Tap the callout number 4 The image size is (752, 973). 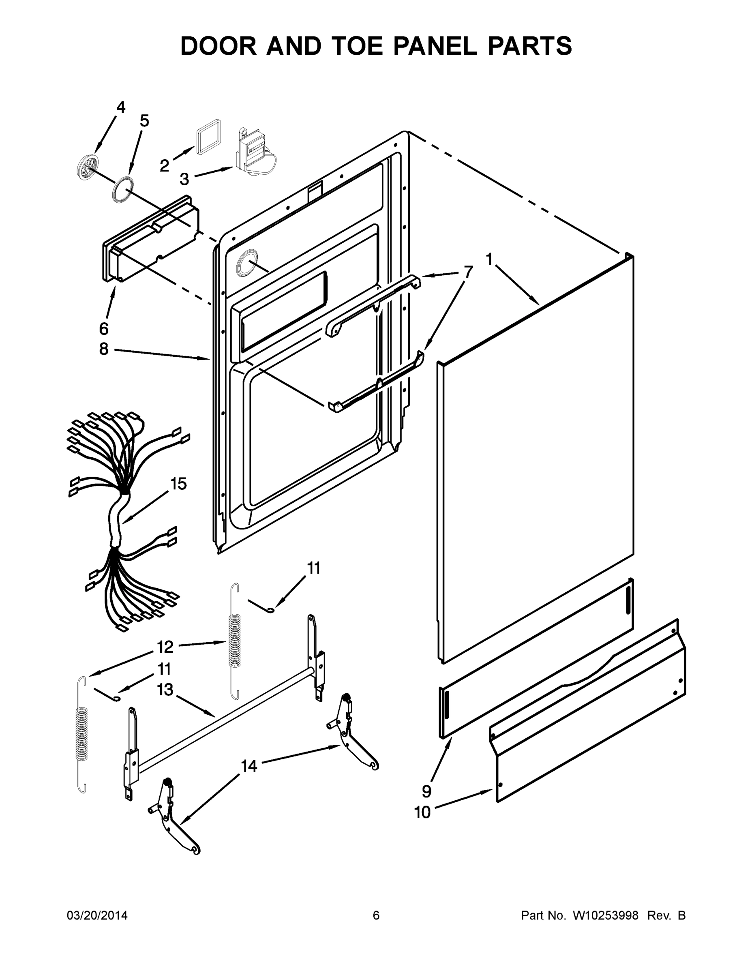click(121, 107)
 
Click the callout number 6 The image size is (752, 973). click(104, 329)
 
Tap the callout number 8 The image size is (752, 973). click(104, 349)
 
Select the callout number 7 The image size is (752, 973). click(468, 272)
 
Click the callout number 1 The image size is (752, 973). click(489, 259)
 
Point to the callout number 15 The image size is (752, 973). click(178, 484)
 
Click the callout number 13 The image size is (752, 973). click(165, 690)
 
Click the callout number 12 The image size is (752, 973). click(165, 647)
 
